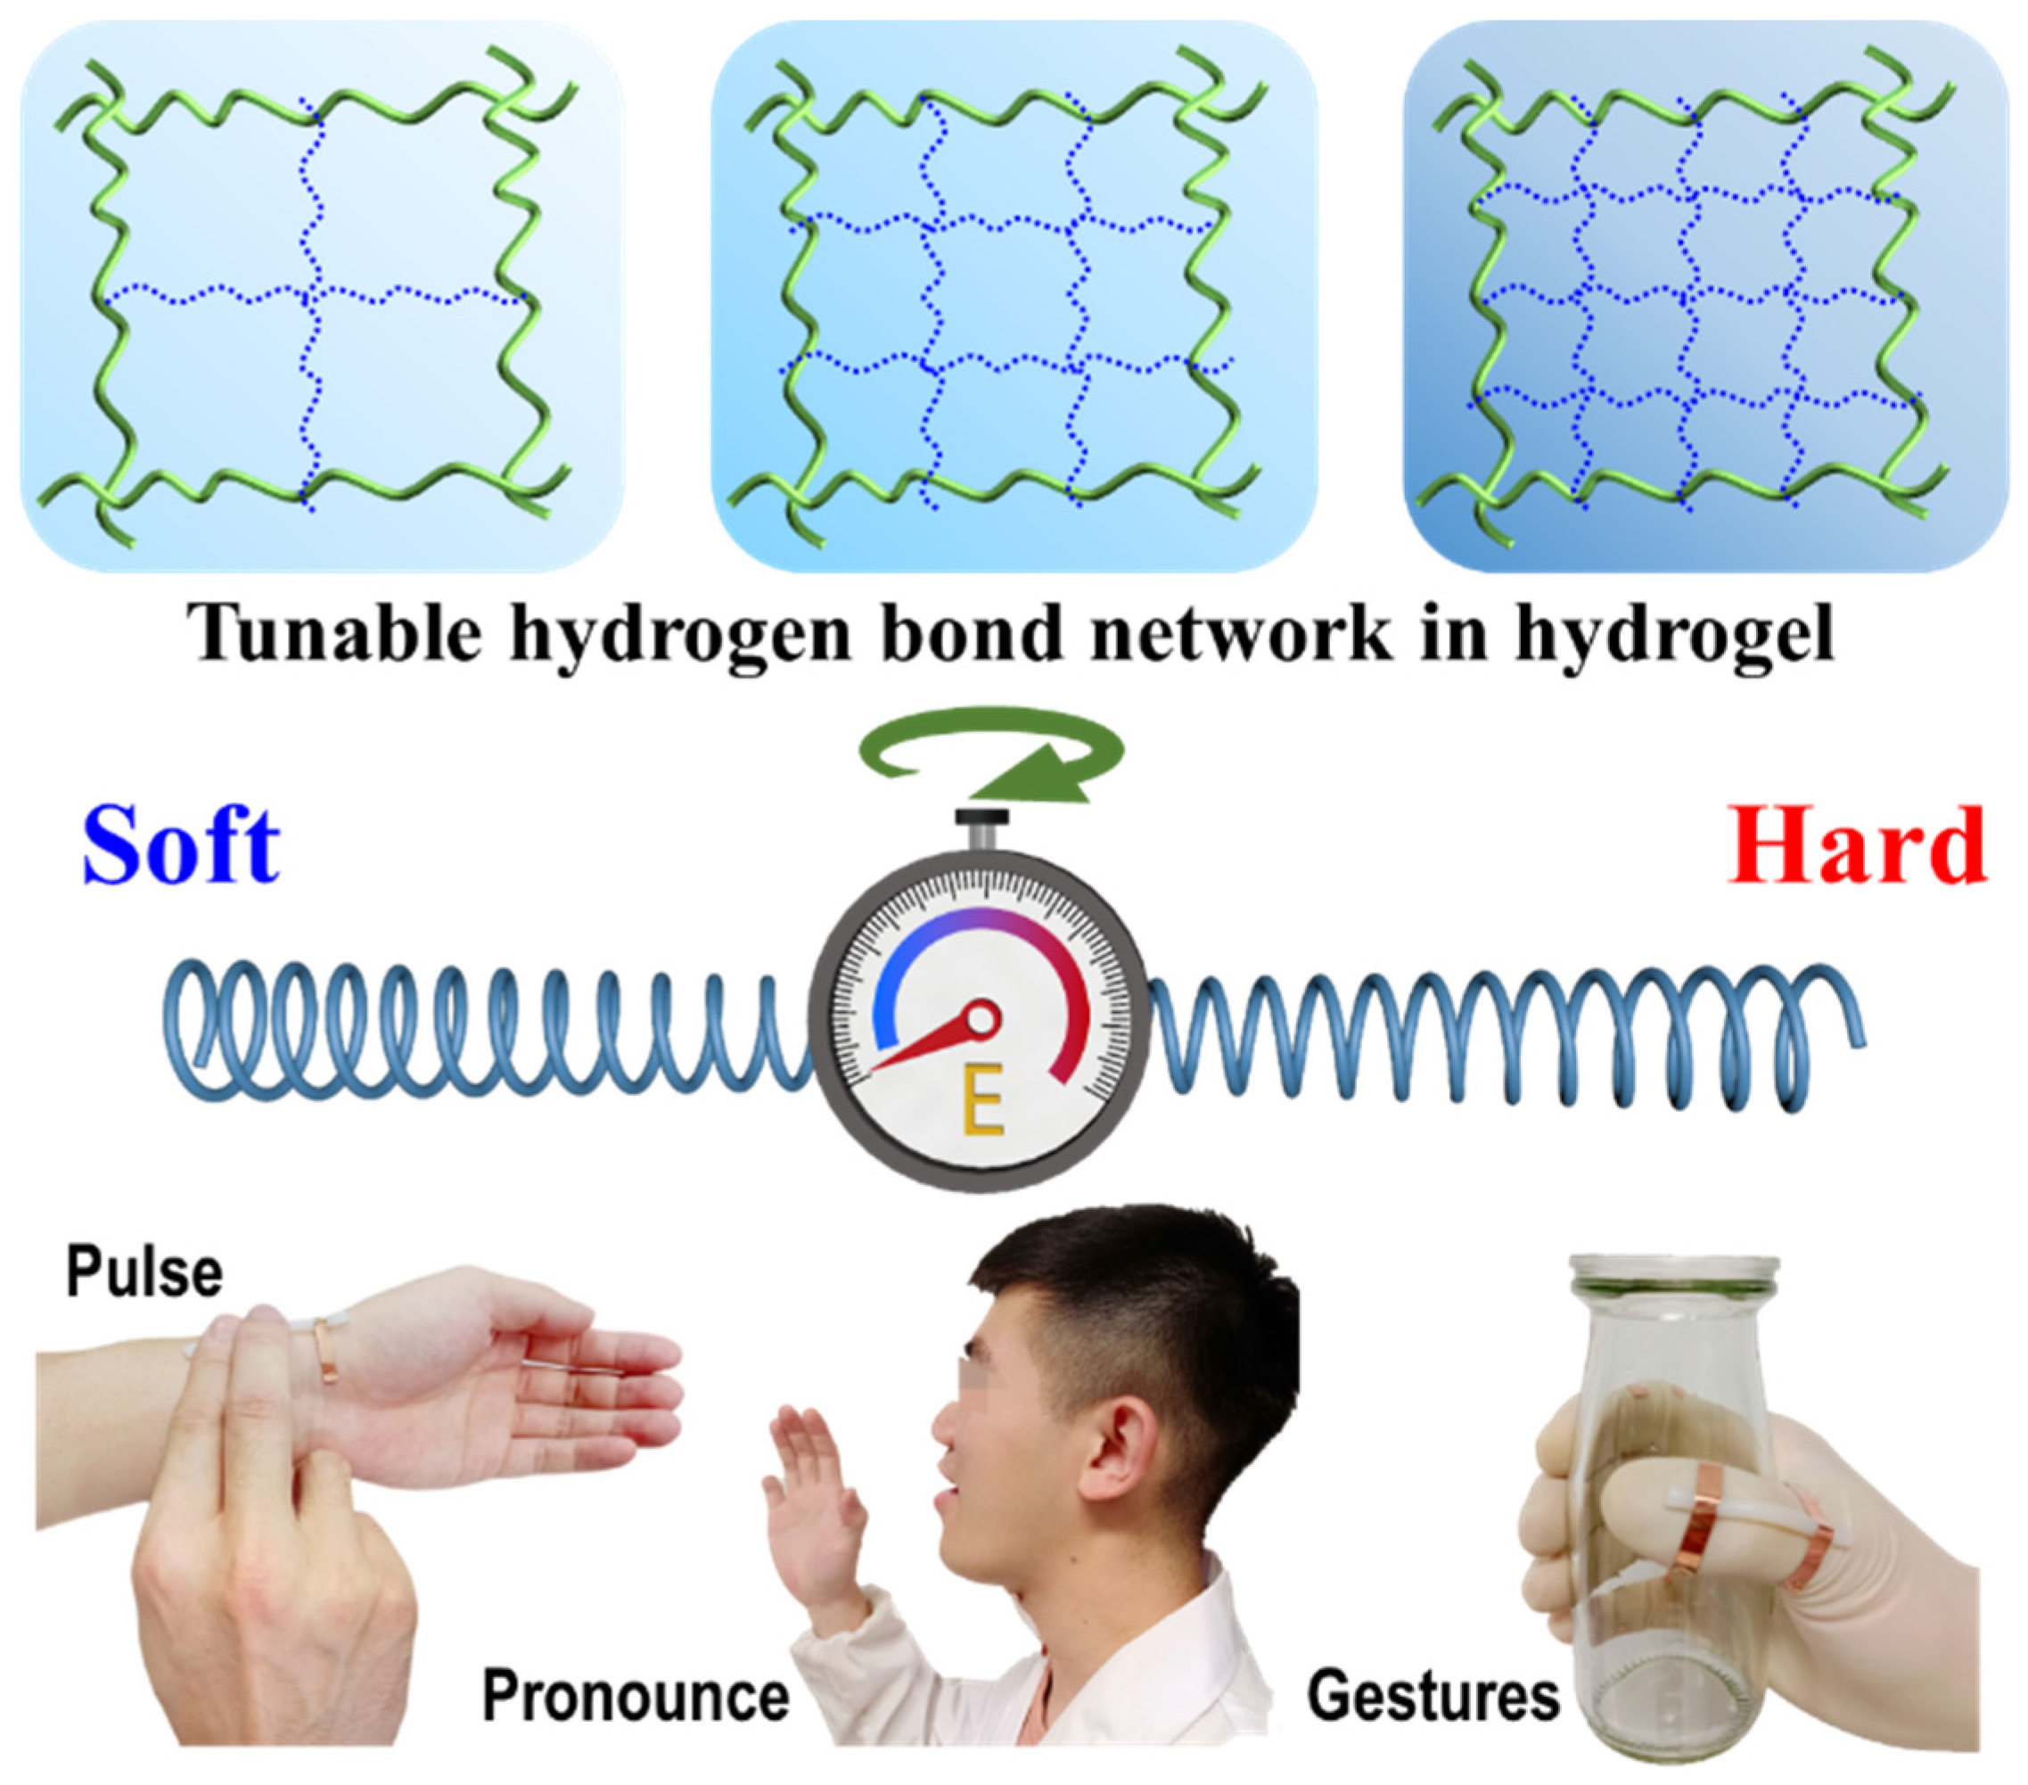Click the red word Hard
pos(1856,845)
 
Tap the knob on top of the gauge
pos(982,819)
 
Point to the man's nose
pos(940,1441)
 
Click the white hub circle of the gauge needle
pos(983,1018)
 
